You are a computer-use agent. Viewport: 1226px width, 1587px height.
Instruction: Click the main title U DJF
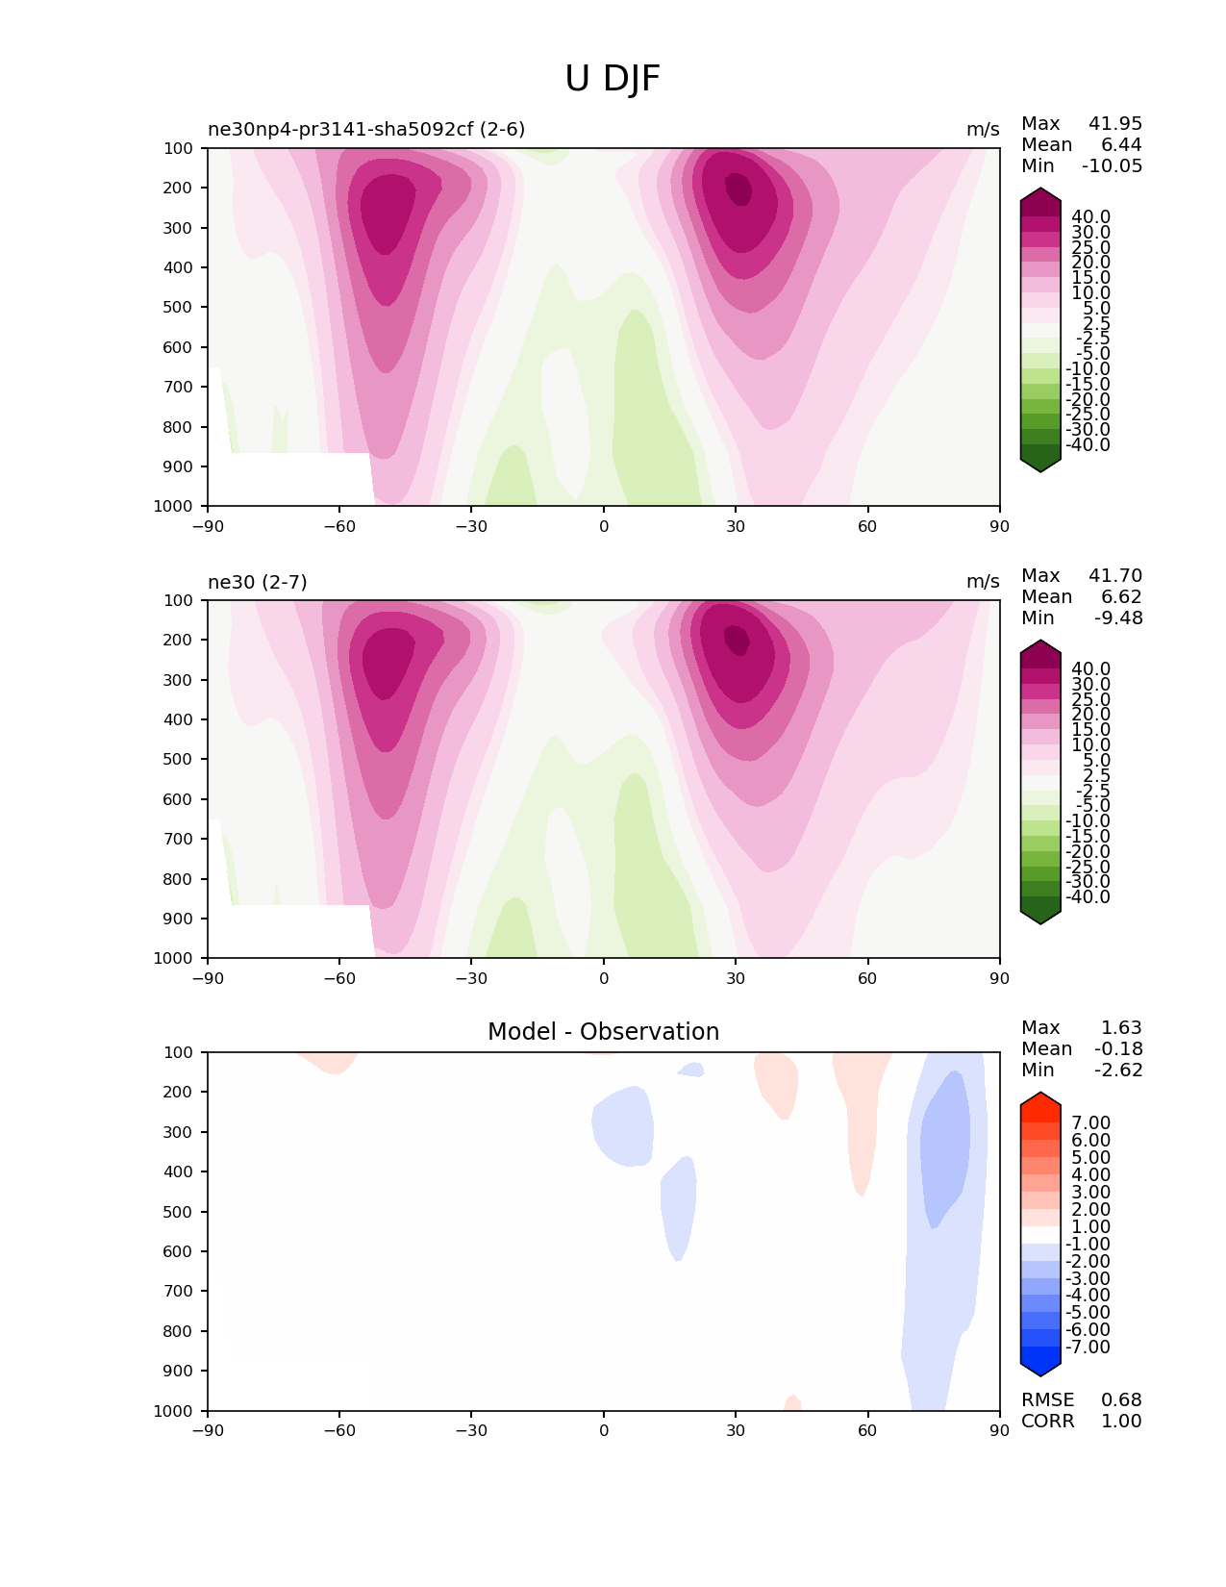[x=612, y=78]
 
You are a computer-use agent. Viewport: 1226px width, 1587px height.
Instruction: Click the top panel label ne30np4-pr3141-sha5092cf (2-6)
[x=366, y=129]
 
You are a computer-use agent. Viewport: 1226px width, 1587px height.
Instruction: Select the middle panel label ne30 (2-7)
[x=258, y=582]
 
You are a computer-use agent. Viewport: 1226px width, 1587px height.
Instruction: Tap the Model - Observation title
[x=603, y=1031]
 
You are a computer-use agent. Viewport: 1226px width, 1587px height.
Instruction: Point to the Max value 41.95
[x=1115, y=123]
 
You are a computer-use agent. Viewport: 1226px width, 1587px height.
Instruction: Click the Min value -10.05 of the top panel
[x=1112, y=165]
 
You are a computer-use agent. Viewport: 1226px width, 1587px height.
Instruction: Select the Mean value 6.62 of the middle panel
[x=1121, y=596]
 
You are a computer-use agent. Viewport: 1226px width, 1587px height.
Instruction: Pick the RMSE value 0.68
[x=1121, y=1399]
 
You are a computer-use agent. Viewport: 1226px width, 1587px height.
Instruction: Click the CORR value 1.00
[x=1121, y=1421]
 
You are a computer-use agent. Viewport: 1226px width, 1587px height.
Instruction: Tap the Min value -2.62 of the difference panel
[x=1118, y=1070]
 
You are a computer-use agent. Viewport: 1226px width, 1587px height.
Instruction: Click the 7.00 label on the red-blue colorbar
[x=1090, y=1122]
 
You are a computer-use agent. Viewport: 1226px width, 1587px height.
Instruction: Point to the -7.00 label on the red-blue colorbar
[x=1088, y=1347]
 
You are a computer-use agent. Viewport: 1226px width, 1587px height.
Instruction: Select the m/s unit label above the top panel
[x=983, y=129]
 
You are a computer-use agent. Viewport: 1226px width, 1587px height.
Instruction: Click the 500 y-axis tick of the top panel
[x=178, y=307]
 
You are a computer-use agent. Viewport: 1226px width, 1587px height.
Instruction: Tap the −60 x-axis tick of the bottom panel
[x=338, y=1430]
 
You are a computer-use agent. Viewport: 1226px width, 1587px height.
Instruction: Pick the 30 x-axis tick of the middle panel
[x=736, y=978]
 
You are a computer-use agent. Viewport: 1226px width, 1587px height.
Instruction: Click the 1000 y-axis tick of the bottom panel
[x=173, y=1411]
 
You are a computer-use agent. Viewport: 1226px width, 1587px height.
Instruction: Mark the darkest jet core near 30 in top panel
[x=738, y=189]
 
